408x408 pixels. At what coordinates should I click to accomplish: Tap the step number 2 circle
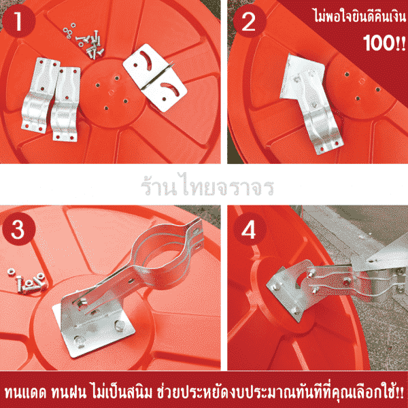tap(249, 22)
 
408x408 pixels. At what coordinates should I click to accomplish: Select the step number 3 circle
tap(18, 230)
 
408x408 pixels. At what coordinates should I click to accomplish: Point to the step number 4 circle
tap(249, 230)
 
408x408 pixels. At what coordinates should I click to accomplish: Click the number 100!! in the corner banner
tap(384, 43)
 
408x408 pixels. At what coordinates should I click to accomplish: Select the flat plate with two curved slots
tap(155, 78)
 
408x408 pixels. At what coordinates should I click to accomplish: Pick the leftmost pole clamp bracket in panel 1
tap(39, 95)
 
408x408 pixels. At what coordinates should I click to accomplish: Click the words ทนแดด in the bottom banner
tap(26, 393)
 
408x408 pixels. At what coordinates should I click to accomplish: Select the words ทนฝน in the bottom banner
tap(69, 393)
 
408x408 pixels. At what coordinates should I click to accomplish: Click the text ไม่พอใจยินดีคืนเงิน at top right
tap(360, 16)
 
